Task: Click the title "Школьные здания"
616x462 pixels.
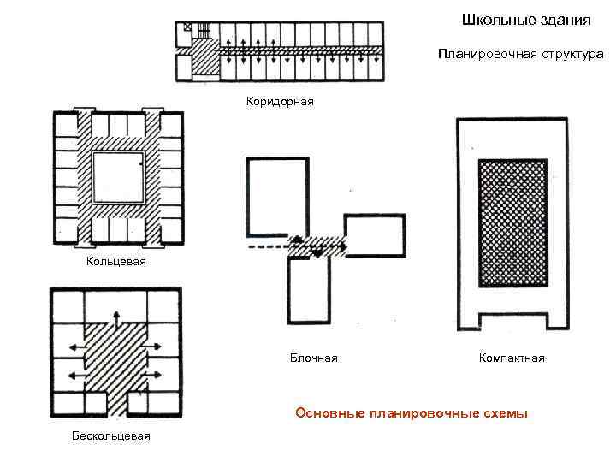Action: tap(513, 19)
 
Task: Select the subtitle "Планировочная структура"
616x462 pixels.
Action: tap(520, 54)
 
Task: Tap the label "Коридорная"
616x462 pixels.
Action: tap(280, 102)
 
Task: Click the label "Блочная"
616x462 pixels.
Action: tap(313, 358)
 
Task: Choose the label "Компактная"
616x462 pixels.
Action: tap(512, 358)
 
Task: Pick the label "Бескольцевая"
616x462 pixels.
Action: tap(112, 436)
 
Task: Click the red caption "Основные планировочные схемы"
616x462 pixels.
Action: tap(412, 413)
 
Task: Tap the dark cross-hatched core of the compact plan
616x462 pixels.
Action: tap(512, 222)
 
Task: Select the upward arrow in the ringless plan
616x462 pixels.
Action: tap(117, 317)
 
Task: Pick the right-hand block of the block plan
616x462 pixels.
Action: tap(374, 234)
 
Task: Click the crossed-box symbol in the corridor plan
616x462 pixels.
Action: tap(187, 28)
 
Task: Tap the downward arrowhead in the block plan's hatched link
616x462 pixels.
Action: tap(317, 253)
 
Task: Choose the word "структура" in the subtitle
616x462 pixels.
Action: tap(572, 54)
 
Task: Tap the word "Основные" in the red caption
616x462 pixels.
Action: tap(331, 413)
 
